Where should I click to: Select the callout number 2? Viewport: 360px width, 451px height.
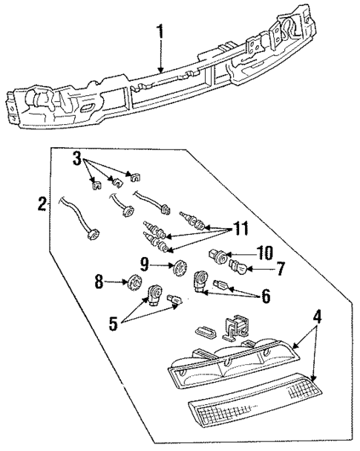(x=42, y=201)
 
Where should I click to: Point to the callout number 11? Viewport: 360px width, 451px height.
(x=238, y=229)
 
